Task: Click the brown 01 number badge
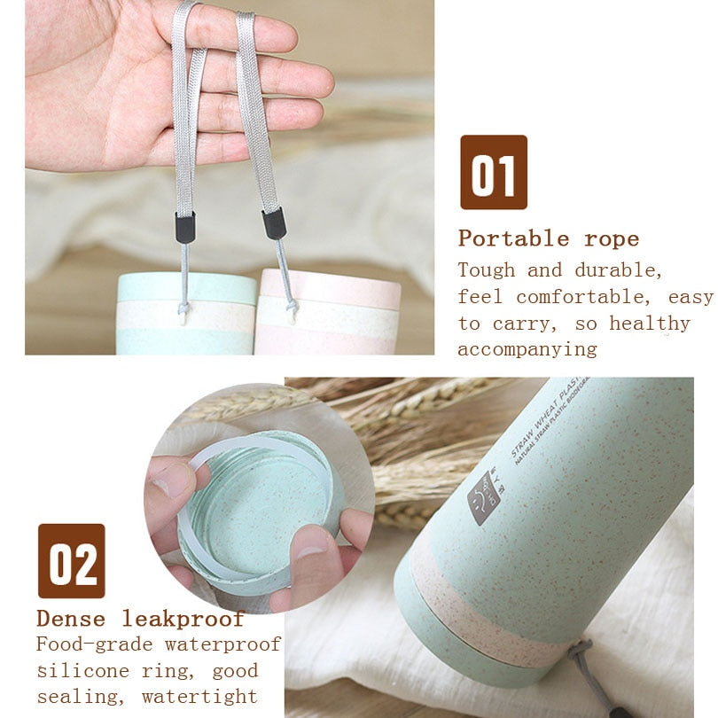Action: coord(493,172)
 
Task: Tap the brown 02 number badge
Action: coord(71,560)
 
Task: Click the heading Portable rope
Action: coord(548,238)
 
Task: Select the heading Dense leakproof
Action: coord(140,618)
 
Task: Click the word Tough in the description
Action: coord(487,269)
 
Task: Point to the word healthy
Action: coord(649,323)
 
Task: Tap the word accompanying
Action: coord(527,349)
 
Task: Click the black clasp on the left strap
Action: coord(185,227)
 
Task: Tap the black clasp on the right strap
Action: coord(274,222)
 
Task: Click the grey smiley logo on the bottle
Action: coord(484,497)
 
